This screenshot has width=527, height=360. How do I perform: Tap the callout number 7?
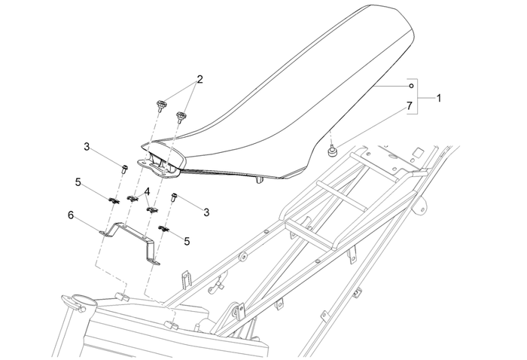[x=411, y=107]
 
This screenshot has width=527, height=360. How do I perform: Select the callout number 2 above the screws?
[x=200, y=78]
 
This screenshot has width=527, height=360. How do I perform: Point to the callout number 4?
[x=148, y=192]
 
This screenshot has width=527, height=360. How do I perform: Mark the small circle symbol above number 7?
[x=411, y=87]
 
